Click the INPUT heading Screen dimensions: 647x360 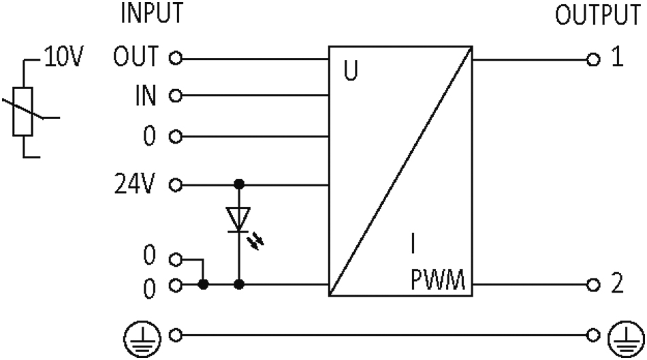(152, 12)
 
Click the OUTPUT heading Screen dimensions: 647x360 (597, 15)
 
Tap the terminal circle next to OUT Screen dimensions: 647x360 (176, 59)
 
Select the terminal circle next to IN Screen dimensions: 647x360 (176, 96)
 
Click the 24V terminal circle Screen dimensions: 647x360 (176, 184)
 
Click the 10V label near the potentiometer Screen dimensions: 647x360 (64, 56)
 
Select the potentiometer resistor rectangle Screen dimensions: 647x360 (22, 112)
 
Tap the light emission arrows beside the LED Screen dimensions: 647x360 (257, 241)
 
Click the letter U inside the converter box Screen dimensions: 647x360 (351, 71)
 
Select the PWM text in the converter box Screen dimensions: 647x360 (438, 280)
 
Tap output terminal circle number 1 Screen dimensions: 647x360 (593, 60)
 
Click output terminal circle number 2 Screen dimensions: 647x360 (593, 284)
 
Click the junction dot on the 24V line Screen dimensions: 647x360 (239, 184)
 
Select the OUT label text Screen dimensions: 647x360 (136, 56)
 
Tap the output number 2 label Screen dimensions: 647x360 (617, 284)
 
